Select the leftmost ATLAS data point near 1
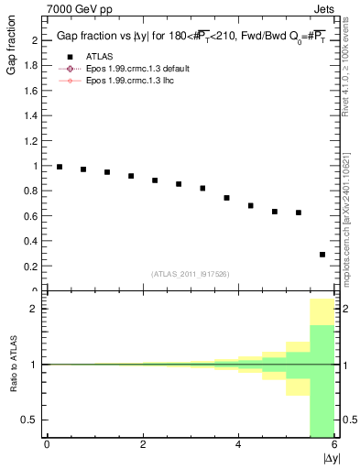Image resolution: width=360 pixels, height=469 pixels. pyautogui.click(x=60, y=167)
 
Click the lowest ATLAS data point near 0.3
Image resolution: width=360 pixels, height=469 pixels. pyautogui.click(x=322, y=255)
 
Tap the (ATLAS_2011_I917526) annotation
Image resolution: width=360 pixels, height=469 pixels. pyautogui.click(x=191, y=274)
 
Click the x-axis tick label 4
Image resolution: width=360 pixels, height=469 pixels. pyautogui.click(x=239, y=446)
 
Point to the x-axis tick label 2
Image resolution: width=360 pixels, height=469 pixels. pyautogui.click(x=143, y=446)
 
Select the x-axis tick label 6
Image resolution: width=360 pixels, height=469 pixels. pyautogui.click(x=334, y=446)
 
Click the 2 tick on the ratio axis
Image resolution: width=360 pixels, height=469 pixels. pyautogui.click(x=37, y=309)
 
